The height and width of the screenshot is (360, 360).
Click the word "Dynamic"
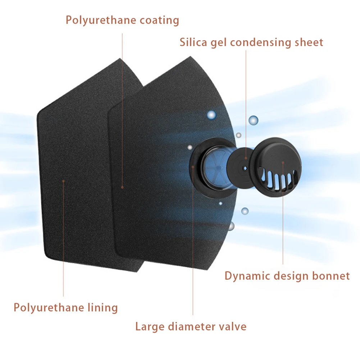point(247,276)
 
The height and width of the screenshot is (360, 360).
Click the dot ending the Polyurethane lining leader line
point(63,181)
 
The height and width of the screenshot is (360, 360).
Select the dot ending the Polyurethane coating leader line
point(122,187)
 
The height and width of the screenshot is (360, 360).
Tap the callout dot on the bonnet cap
point(283,163)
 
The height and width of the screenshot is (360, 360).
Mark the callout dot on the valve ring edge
point(193,167)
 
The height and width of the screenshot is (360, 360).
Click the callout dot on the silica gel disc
point(246,158)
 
